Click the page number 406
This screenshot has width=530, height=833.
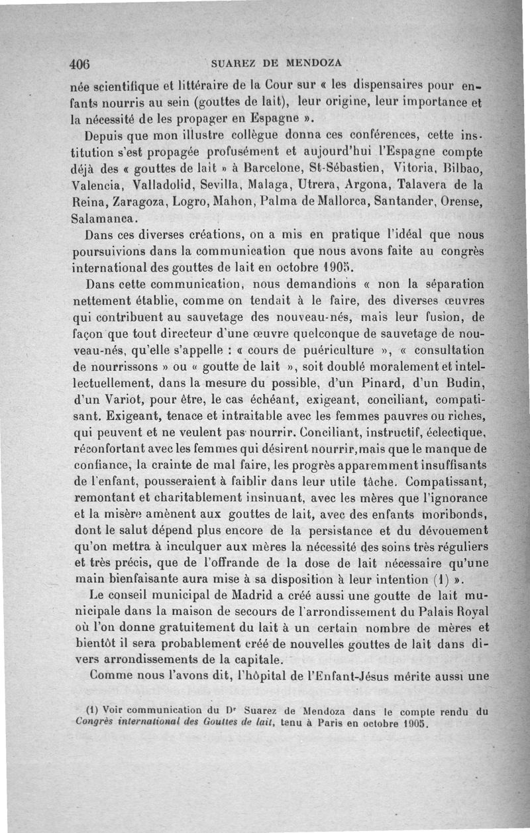(79, 64)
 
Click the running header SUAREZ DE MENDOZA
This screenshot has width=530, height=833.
(277, 64)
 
